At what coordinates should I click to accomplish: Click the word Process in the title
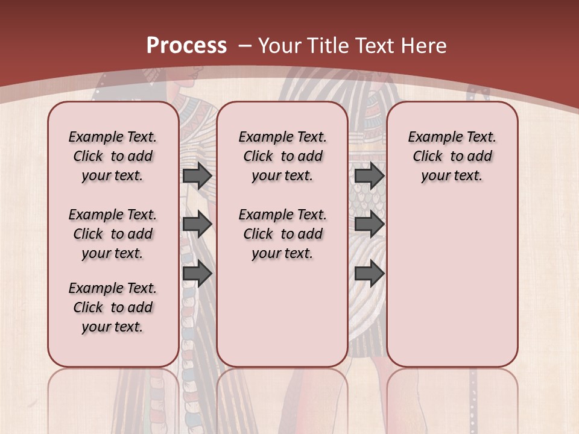pyautogui.click(x=186, y=46)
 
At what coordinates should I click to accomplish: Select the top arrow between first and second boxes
pyautogui.click(x=197, y=175)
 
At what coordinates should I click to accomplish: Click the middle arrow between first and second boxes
pyautogui.click(x=197, y=224)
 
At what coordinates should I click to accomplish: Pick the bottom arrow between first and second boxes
pyautogui.click(x=197, y=274)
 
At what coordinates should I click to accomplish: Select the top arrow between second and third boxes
pyautogui.click(x=369, y=175)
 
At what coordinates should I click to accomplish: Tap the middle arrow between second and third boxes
pyautogui.click(x=369, y=224)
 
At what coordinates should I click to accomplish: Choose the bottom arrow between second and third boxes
pyautogui.click(x=369, y=274)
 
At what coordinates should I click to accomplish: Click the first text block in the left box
pyautogui.click(x=113, y=156)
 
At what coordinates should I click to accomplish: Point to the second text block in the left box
pyautogui.click(x=113, y=234)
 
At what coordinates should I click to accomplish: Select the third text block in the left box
pyautogui.click(x=113, y=307)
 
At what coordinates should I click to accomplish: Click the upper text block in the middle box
pyautogui.click(x=282, y=156)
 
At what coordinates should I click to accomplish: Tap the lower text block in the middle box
pyautogui.click(x=282, y=234)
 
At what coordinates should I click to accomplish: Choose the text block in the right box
pyautogui.click(x=452, y=156)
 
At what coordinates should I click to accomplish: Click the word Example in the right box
pyautogui.click(x=432, y=137)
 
